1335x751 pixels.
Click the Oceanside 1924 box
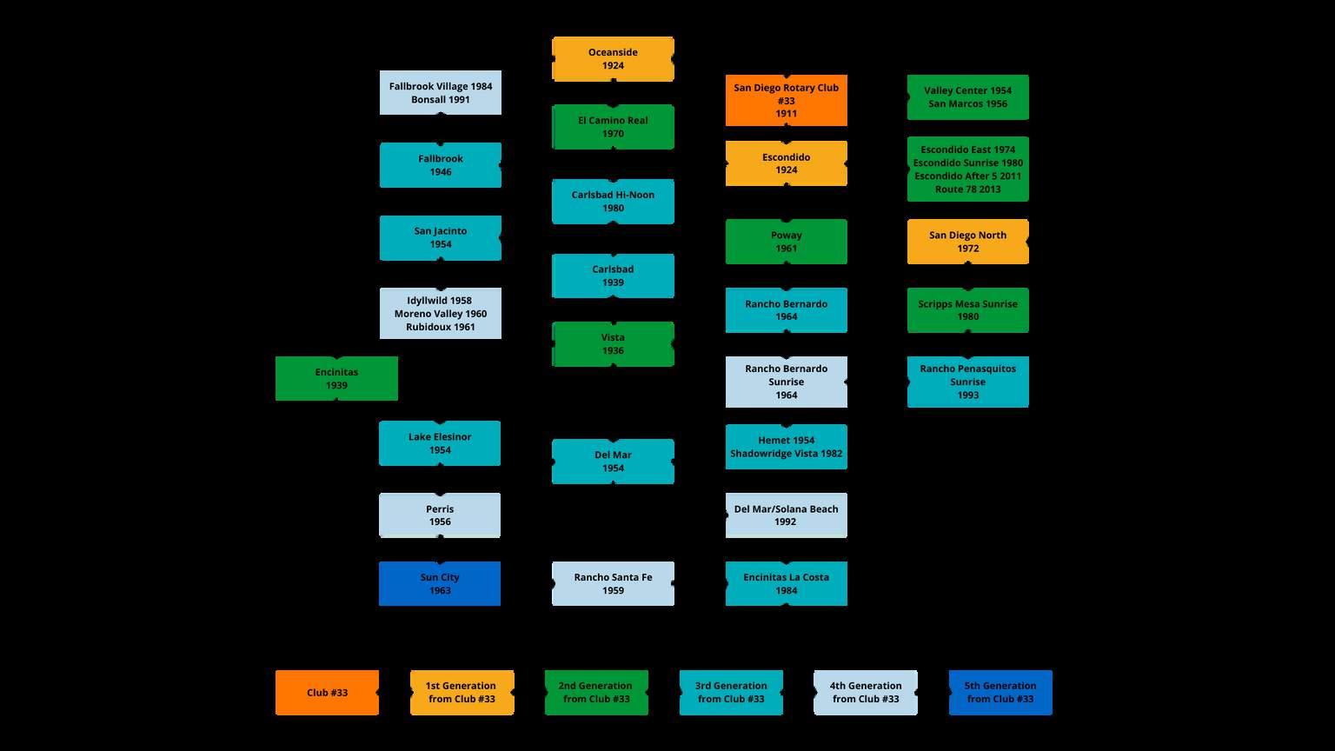click(x=613, y=59)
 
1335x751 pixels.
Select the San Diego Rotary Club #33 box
click(x=786, y=100)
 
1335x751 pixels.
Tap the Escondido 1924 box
click(x=786, y=163)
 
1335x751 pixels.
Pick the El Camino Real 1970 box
click(x=613, y=127)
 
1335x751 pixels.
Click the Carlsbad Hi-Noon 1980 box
click(x=613, y=202)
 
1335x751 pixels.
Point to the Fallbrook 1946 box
click(x=440, y=165)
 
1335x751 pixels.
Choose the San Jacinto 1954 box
click(x=440, y=238)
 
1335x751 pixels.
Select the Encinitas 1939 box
click(x=336, y=379)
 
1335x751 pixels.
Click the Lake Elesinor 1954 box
click(x=439, y=443)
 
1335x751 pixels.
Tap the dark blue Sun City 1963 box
click(x=439, y=583)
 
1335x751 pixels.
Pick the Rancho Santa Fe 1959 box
click(x=613, y=583)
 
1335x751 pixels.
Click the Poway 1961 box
click(x=786, y=242)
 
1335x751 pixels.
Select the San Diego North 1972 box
click(x=967, y=242)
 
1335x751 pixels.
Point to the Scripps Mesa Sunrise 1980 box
click(x=967, y=310)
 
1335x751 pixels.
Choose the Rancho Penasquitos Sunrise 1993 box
click(x=967, y=382)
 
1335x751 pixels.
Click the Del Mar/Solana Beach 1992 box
click(x=786, y=515)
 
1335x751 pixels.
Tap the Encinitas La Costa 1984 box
click(x=786, y=583)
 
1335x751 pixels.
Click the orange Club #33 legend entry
click(x=327, y=693)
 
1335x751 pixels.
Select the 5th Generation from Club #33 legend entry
click(x=1000, y=693)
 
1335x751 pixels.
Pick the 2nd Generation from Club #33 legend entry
click(x=596, y=693)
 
